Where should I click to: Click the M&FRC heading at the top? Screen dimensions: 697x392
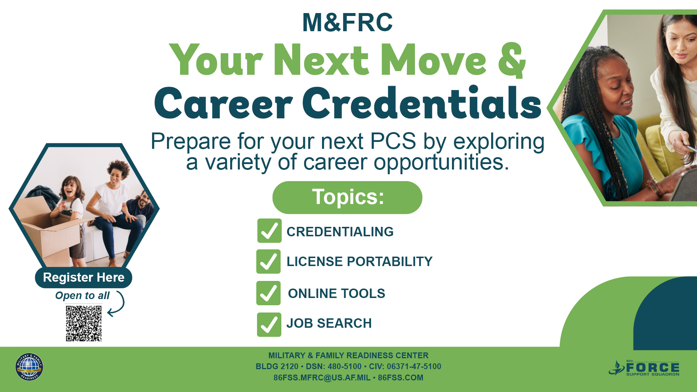[x=347, y=23]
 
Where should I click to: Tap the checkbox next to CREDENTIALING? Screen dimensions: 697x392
[x=269, y=230]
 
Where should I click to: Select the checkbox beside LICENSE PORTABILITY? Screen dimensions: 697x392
[x=268, y=261]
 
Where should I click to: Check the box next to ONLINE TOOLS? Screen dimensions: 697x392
[x=268, y=293]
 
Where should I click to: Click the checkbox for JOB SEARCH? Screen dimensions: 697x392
[x=269, y=324]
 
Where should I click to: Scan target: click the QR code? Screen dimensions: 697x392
[x=83, y=323]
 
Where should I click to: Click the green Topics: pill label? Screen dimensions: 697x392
[x=347, y=197]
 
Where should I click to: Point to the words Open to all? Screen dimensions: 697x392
[x=82, y=296]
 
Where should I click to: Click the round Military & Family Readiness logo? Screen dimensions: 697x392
[x=29, y=367]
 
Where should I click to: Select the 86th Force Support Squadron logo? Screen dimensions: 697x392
[x=644, y=368]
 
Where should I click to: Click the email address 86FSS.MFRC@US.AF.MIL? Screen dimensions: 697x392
[x=322, y=378]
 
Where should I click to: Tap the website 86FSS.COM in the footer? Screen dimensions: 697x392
[x=400, y=378]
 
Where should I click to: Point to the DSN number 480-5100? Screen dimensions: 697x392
[x=345, y=367]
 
